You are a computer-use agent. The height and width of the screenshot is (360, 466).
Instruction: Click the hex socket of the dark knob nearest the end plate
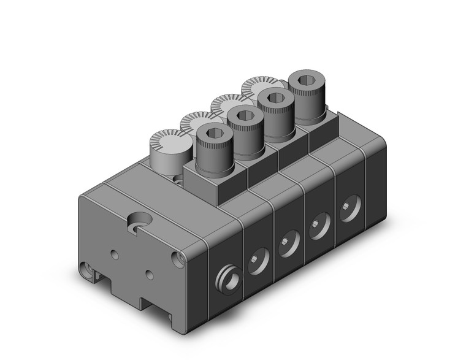point(213,133)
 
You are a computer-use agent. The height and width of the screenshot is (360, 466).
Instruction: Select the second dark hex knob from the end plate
point(243,116)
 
